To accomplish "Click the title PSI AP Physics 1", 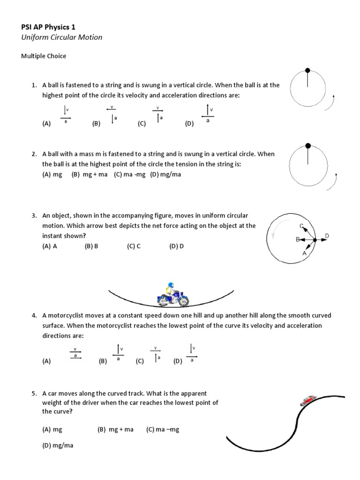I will point(49,27).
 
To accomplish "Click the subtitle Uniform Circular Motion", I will point(61,37).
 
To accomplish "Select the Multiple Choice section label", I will point(44,56).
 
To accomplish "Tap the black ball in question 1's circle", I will point(307,70).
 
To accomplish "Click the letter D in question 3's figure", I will point(327,235).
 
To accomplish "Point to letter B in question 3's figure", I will point(297,240).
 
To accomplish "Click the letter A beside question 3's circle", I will point(305,253).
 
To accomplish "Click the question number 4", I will point(34,316).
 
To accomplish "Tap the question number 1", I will point(34,85).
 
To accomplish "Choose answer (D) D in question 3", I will point(177,246).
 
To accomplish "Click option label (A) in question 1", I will point(46,124).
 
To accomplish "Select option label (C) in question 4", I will point(140,361).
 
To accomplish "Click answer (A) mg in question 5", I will point(52,429).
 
